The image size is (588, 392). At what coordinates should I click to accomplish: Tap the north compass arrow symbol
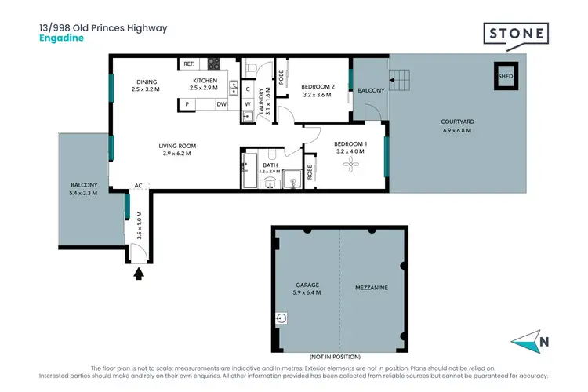click(527, 341)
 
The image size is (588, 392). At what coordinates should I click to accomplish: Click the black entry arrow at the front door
click(140, 273)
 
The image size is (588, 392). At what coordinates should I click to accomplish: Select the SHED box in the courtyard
click(506, 76)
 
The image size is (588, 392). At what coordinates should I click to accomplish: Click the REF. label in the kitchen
click(188, 64)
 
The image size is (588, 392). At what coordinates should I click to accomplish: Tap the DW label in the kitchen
click(222, 104)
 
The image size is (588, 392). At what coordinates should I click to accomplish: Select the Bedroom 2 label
click(317, 90)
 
